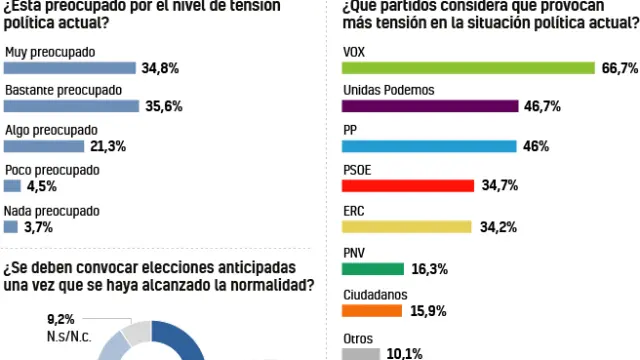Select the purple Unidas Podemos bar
[x=430, y=106]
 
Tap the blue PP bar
[x=429, y=146]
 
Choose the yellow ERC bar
[x=406, y=227]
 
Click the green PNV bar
[x=372, y=268]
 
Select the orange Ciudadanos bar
[x=371, y=309]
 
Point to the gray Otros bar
[x=361, y=352]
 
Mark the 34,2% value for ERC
[x=497, y=227]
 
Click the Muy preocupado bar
[x=69, y=68]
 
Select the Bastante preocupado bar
[x=70, y=107]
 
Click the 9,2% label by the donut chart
[x=63, y=319]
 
